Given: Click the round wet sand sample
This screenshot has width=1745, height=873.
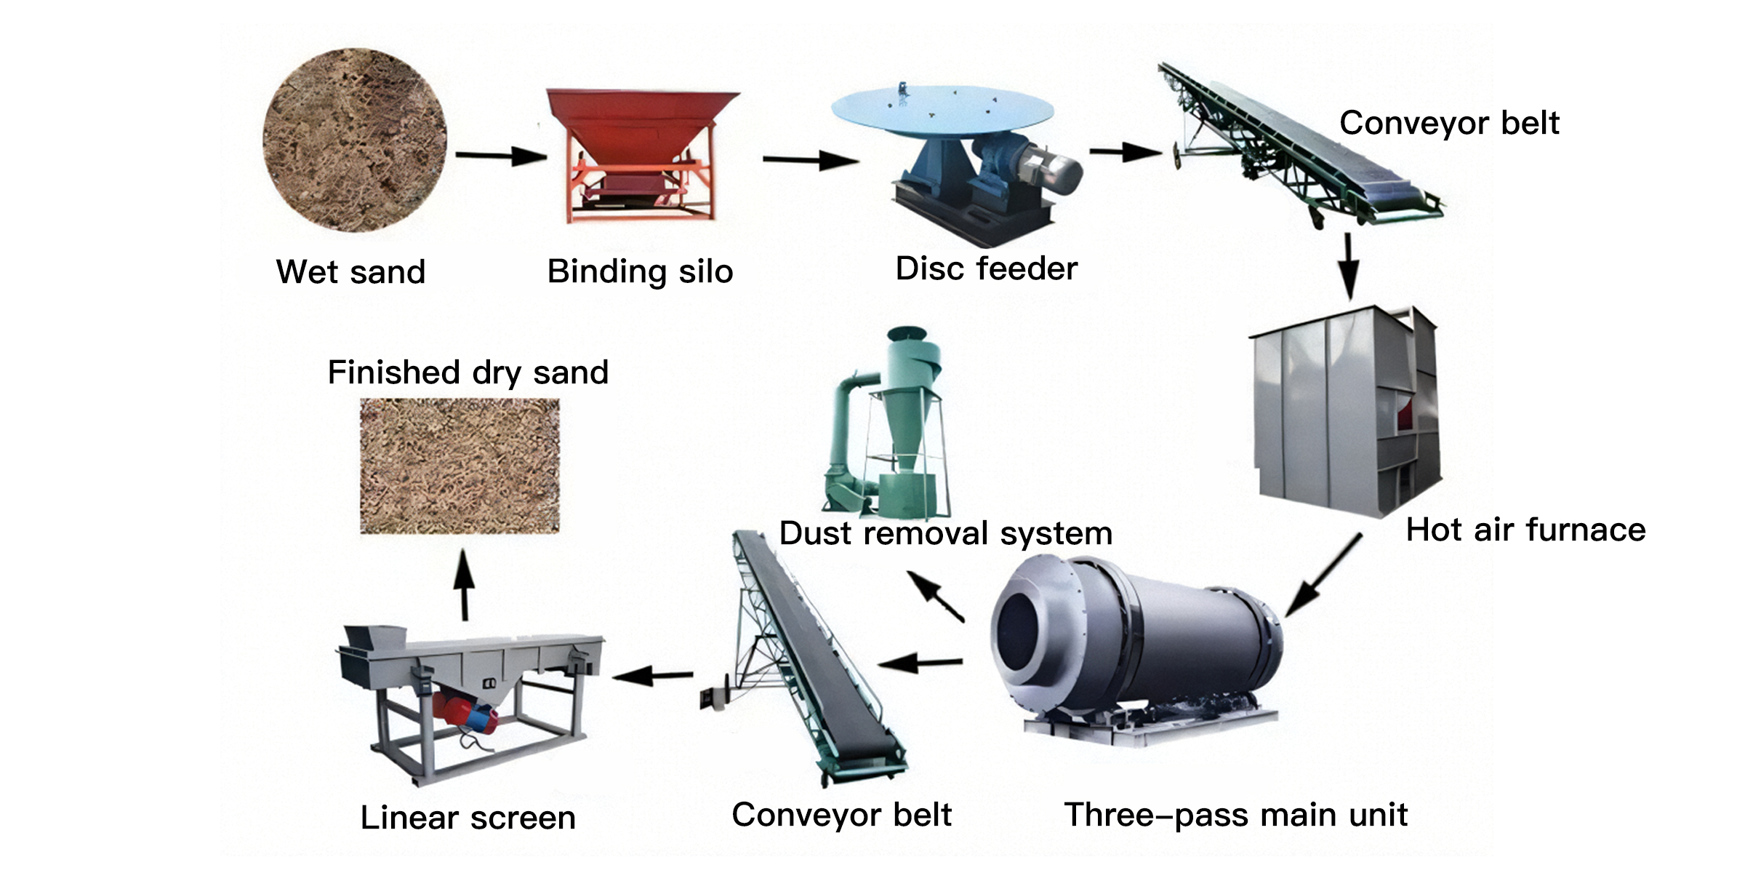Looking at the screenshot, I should (355, 140).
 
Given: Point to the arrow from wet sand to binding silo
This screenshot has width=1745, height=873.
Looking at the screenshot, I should (500, 155).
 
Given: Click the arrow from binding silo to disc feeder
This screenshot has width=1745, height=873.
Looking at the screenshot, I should (809, 159).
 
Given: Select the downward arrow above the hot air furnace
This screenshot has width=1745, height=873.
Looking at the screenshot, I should (1349, 266).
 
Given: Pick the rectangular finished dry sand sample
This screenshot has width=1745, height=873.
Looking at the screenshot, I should (460, 466).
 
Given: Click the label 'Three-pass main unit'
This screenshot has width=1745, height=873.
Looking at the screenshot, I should (1235, 815).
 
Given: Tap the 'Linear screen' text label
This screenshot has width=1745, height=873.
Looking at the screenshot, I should (468, 818).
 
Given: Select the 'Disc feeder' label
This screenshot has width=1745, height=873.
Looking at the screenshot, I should (986, 268).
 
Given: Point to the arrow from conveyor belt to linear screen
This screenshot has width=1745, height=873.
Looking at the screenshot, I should (653, 676).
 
